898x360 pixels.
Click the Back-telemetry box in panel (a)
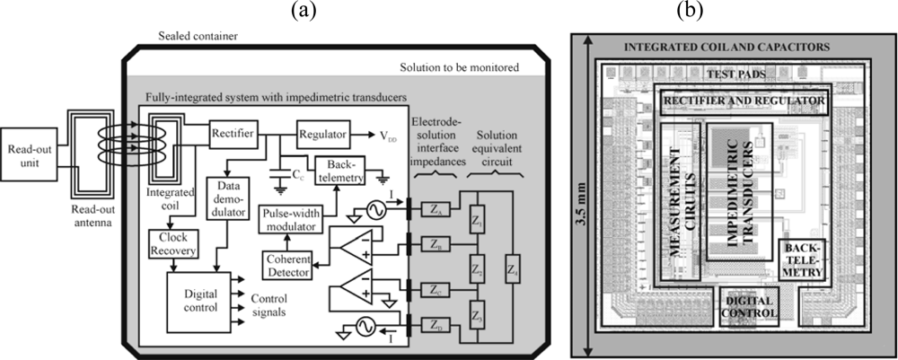339,173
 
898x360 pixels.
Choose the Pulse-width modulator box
292,218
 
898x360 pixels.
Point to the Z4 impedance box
512,267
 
